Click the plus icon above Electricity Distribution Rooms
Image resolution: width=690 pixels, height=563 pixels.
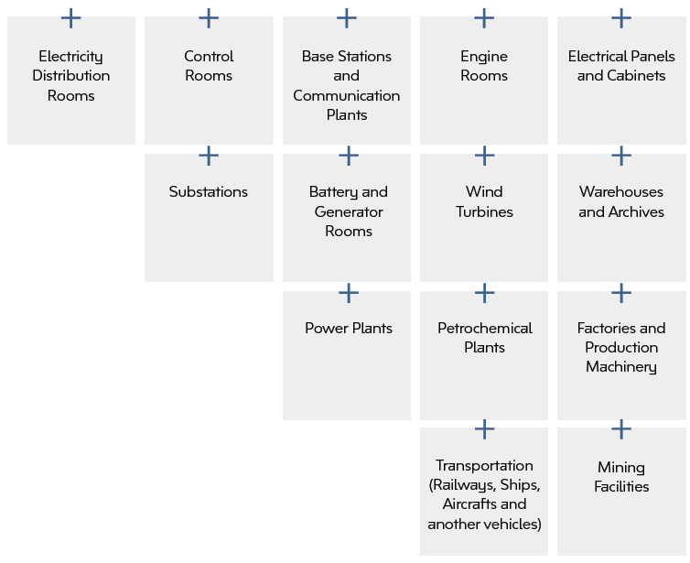click(70, 17)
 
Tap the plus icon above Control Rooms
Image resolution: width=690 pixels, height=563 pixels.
click(209, 17)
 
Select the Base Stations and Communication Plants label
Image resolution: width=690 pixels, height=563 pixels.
click(346, 85)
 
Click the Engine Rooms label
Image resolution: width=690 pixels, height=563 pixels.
click(484, 66)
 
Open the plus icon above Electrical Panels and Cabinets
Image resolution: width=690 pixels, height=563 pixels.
click(621, 17)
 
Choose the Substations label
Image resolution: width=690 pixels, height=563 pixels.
click(209, 192)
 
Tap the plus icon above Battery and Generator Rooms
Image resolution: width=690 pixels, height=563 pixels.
click(348, 156)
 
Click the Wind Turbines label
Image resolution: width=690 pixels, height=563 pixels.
click(484, 201)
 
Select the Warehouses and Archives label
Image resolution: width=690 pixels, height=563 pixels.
click(621, 201)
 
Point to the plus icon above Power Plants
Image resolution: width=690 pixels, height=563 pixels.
click(348, 293)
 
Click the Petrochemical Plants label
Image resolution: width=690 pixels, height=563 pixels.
click(484, 338)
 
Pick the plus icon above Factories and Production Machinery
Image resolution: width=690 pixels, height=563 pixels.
click(621, 293)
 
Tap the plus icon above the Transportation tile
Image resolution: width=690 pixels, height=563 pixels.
click(484, 428)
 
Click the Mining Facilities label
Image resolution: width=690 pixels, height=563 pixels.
click(621, 477)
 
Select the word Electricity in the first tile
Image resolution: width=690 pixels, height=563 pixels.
click(70, 57)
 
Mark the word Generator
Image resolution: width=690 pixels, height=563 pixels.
click(348, 211)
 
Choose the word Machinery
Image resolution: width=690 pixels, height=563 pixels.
click(621, 367)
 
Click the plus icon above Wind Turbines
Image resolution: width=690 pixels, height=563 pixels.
click(484, 156)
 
